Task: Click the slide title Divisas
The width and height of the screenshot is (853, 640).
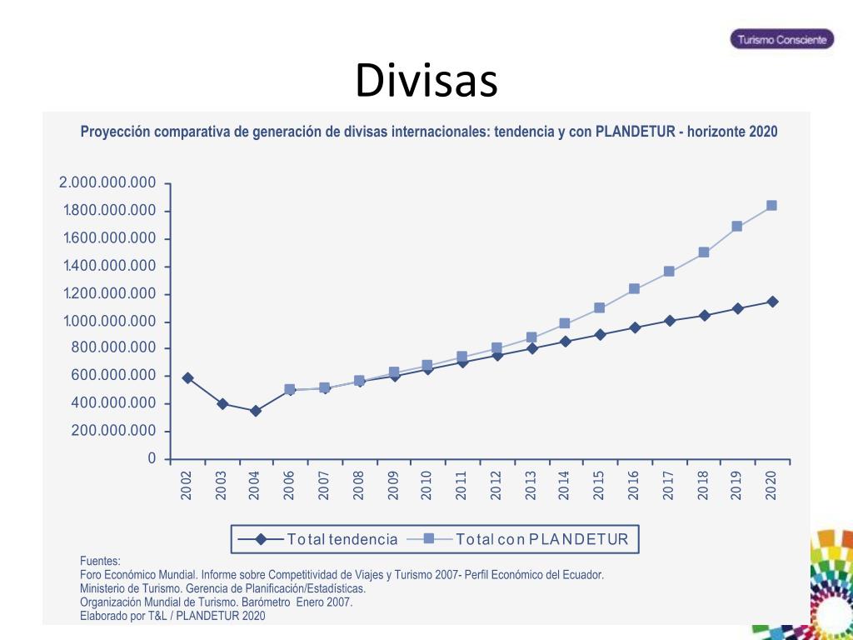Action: tap(426, 82)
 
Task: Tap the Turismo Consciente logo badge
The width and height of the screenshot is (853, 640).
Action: tap(781, 39)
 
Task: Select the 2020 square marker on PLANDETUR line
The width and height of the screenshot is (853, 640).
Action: tap(771, 205)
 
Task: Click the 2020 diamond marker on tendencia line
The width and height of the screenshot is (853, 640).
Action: tap(772, 302)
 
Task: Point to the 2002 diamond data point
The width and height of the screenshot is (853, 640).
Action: tap(187, 377)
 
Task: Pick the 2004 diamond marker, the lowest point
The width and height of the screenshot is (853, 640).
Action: tap(256, 411)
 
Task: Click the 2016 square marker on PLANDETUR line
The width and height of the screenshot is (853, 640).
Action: tap(634, 288)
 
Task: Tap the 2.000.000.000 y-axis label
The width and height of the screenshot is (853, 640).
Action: tap(107, 183)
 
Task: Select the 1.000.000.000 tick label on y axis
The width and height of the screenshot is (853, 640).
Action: tap(109, 322)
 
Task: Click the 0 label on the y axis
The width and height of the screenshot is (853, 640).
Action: tap(152, 458)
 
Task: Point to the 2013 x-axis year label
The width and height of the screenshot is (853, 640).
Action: tap(531, 485)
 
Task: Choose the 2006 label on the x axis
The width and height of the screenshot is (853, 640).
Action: tap(289, 485)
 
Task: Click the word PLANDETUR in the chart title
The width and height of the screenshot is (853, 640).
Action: tap(634, 132)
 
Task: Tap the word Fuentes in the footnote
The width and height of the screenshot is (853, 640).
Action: tap(100, 561)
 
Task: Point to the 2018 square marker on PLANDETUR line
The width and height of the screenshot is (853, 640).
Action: tap(703, 252)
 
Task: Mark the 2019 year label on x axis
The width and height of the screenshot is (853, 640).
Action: tap(736, 485)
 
